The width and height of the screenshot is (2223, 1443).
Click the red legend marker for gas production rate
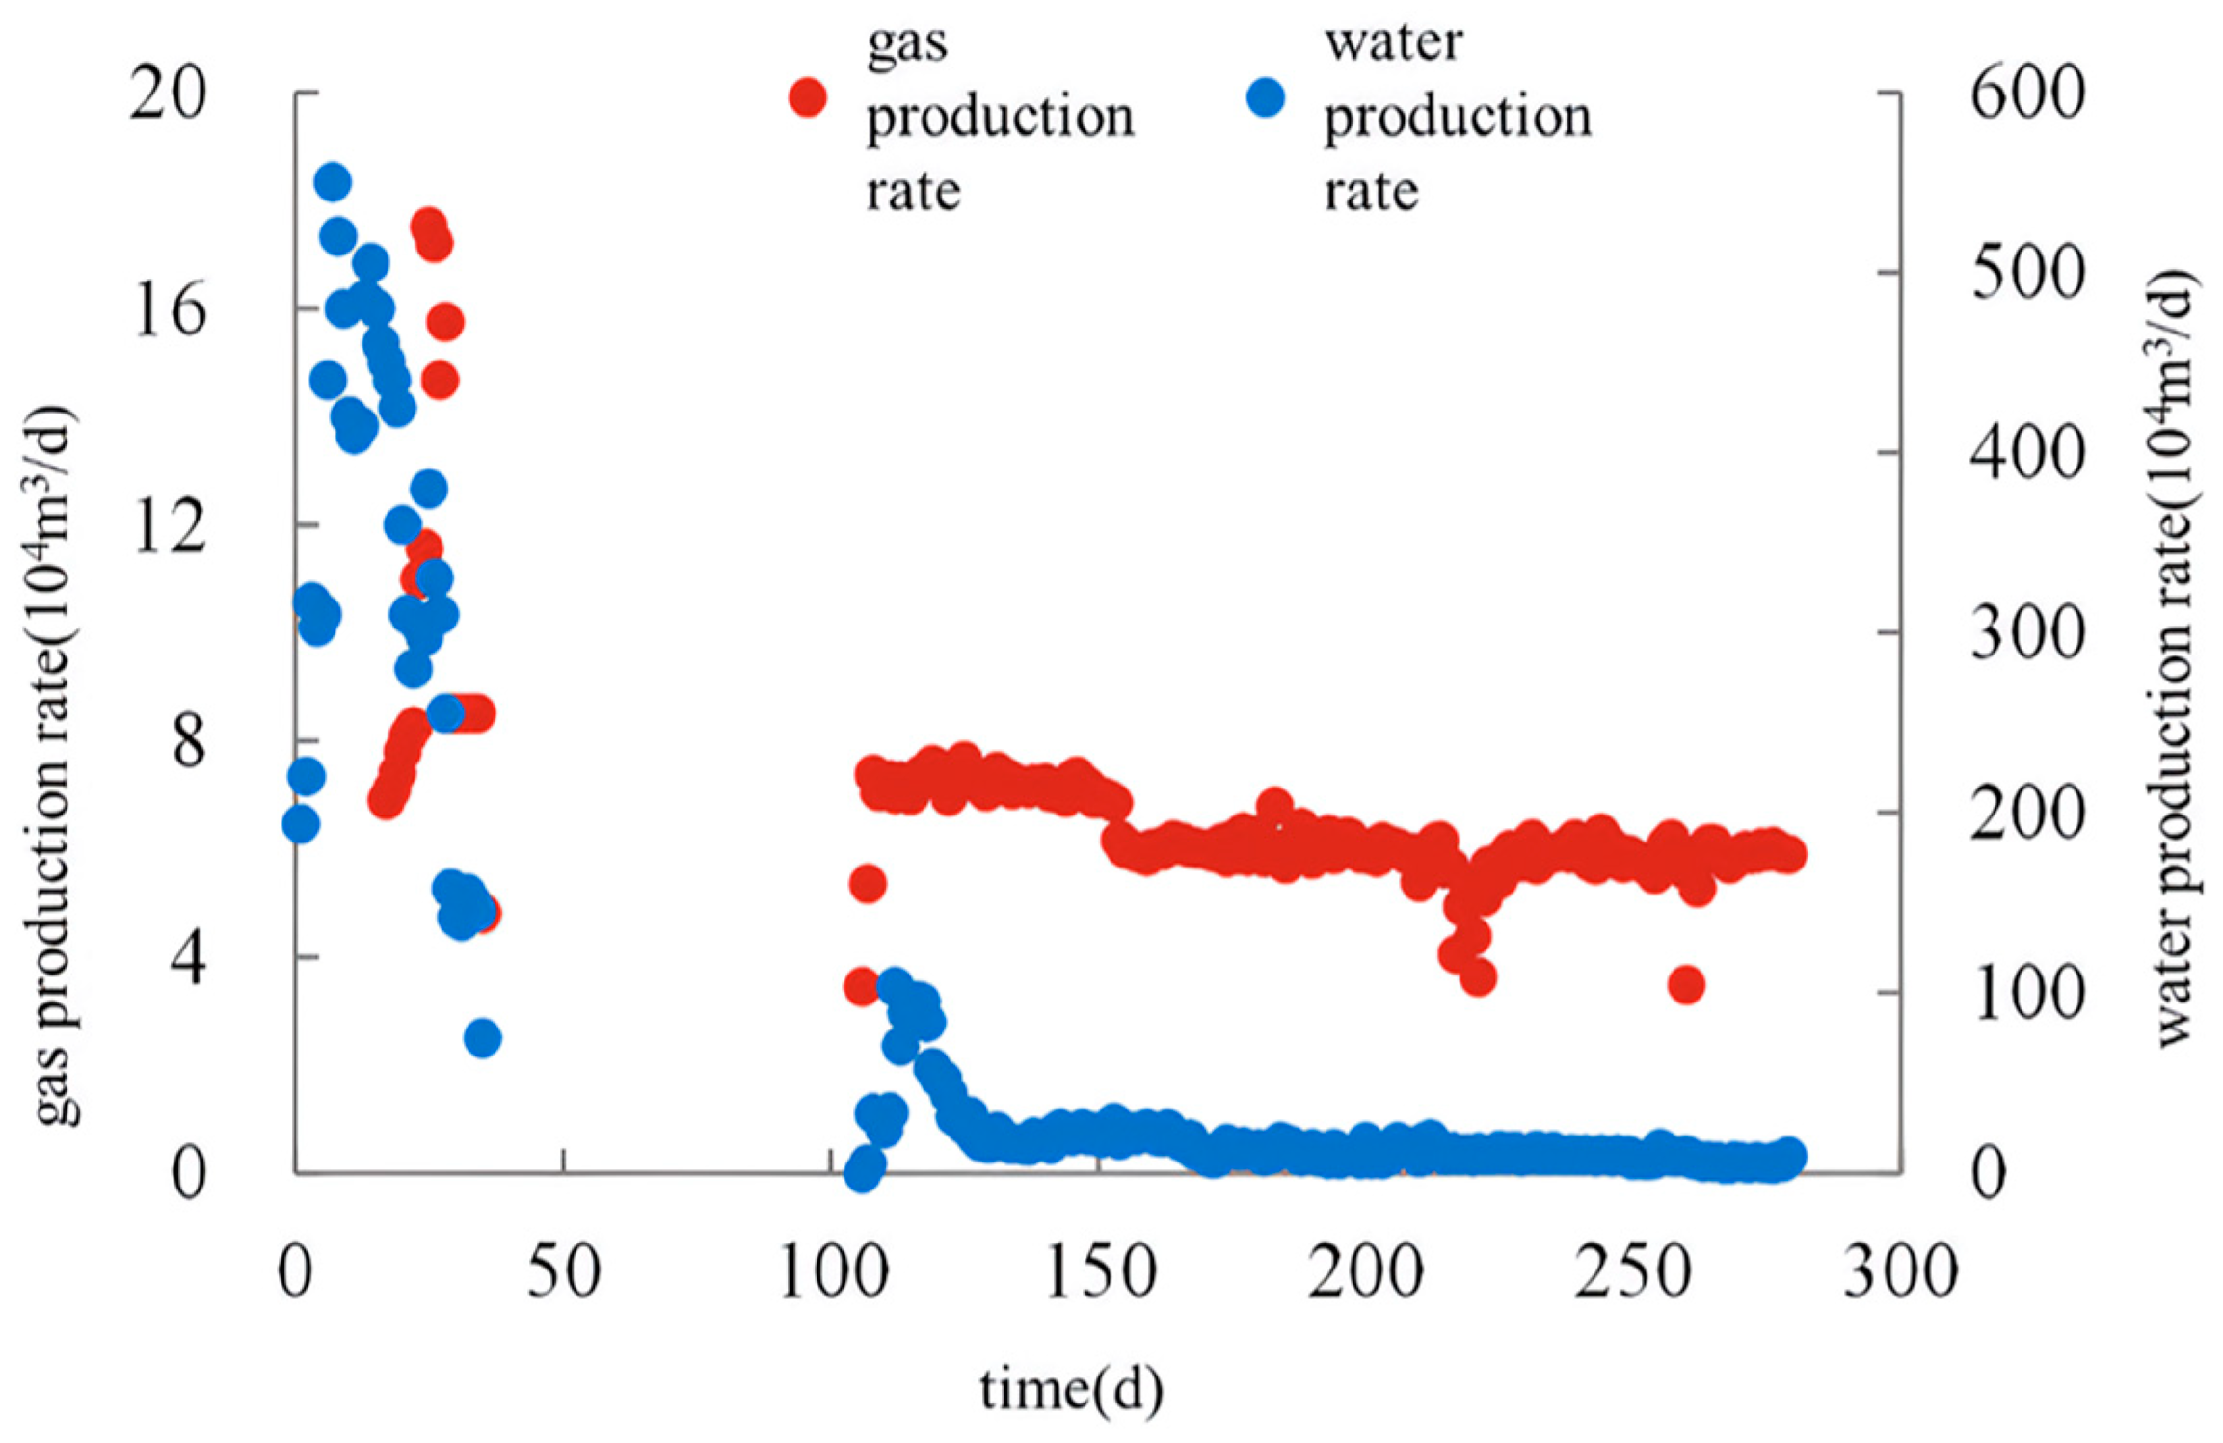point(808,97)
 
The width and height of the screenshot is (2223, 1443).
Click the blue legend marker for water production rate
point(1266,97)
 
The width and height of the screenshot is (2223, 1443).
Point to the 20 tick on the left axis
point(169,94)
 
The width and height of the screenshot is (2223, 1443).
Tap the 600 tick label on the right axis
point(2027,94)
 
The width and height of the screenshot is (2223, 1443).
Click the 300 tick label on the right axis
point(2027,634)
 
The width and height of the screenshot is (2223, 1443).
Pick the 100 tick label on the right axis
point(2027,994)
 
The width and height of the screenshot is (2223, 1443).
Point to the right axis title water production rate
point(2174,655)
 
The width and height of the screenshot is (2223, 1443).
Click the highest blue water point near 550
point(333,182)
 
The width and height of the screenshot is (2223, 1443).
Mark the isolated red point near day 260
point(1686,985)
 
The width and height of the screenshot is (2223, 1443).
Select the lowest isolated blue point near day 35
point(483,1038)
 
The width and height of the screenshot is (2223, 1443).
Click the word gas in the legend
point(906,43)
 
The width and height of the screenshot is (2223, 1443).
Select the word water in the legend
point(1393,43)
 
